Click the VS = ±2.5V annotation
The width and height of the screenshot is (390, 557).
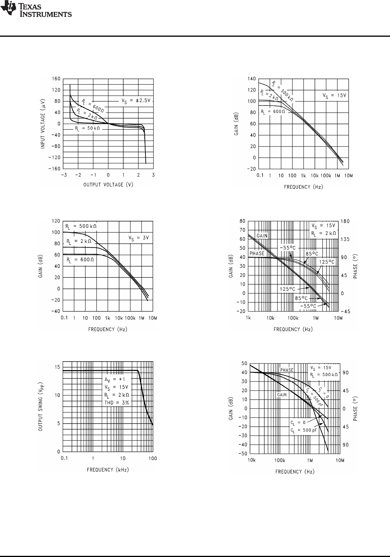(135, 101)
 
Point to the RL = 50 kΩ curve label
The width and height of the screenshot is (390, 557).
(87, 128)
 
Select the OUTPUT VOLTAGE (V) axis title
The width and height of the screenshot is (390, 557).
(108, 185)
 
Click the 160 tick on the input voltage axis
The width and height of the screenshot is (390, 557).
(56, 79)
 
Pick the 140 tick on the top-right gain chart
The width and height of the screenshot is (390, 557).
(251, 79)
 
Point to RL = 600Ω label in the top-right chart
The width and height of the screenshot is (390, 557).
(273, 112)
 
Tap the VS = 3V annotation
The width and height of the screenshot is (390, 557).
(139, 238)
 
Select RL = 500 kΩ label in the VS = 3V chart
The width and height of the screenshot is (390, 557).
(81, 226)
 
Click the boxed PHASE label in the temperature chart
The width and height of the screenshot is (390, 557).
(257, 254)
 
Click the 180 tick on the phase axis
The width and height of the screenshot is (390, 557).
(346, 221)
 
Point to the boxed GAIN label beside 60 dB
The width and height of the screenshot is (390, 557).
(262, 236)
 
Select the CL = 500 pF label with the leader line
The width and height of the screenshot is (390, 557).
(303, 430)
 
